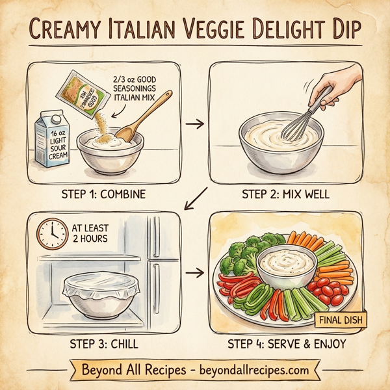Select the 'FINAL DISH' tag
(341, 320)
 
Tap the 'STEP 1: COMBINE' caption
(104, 193)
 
